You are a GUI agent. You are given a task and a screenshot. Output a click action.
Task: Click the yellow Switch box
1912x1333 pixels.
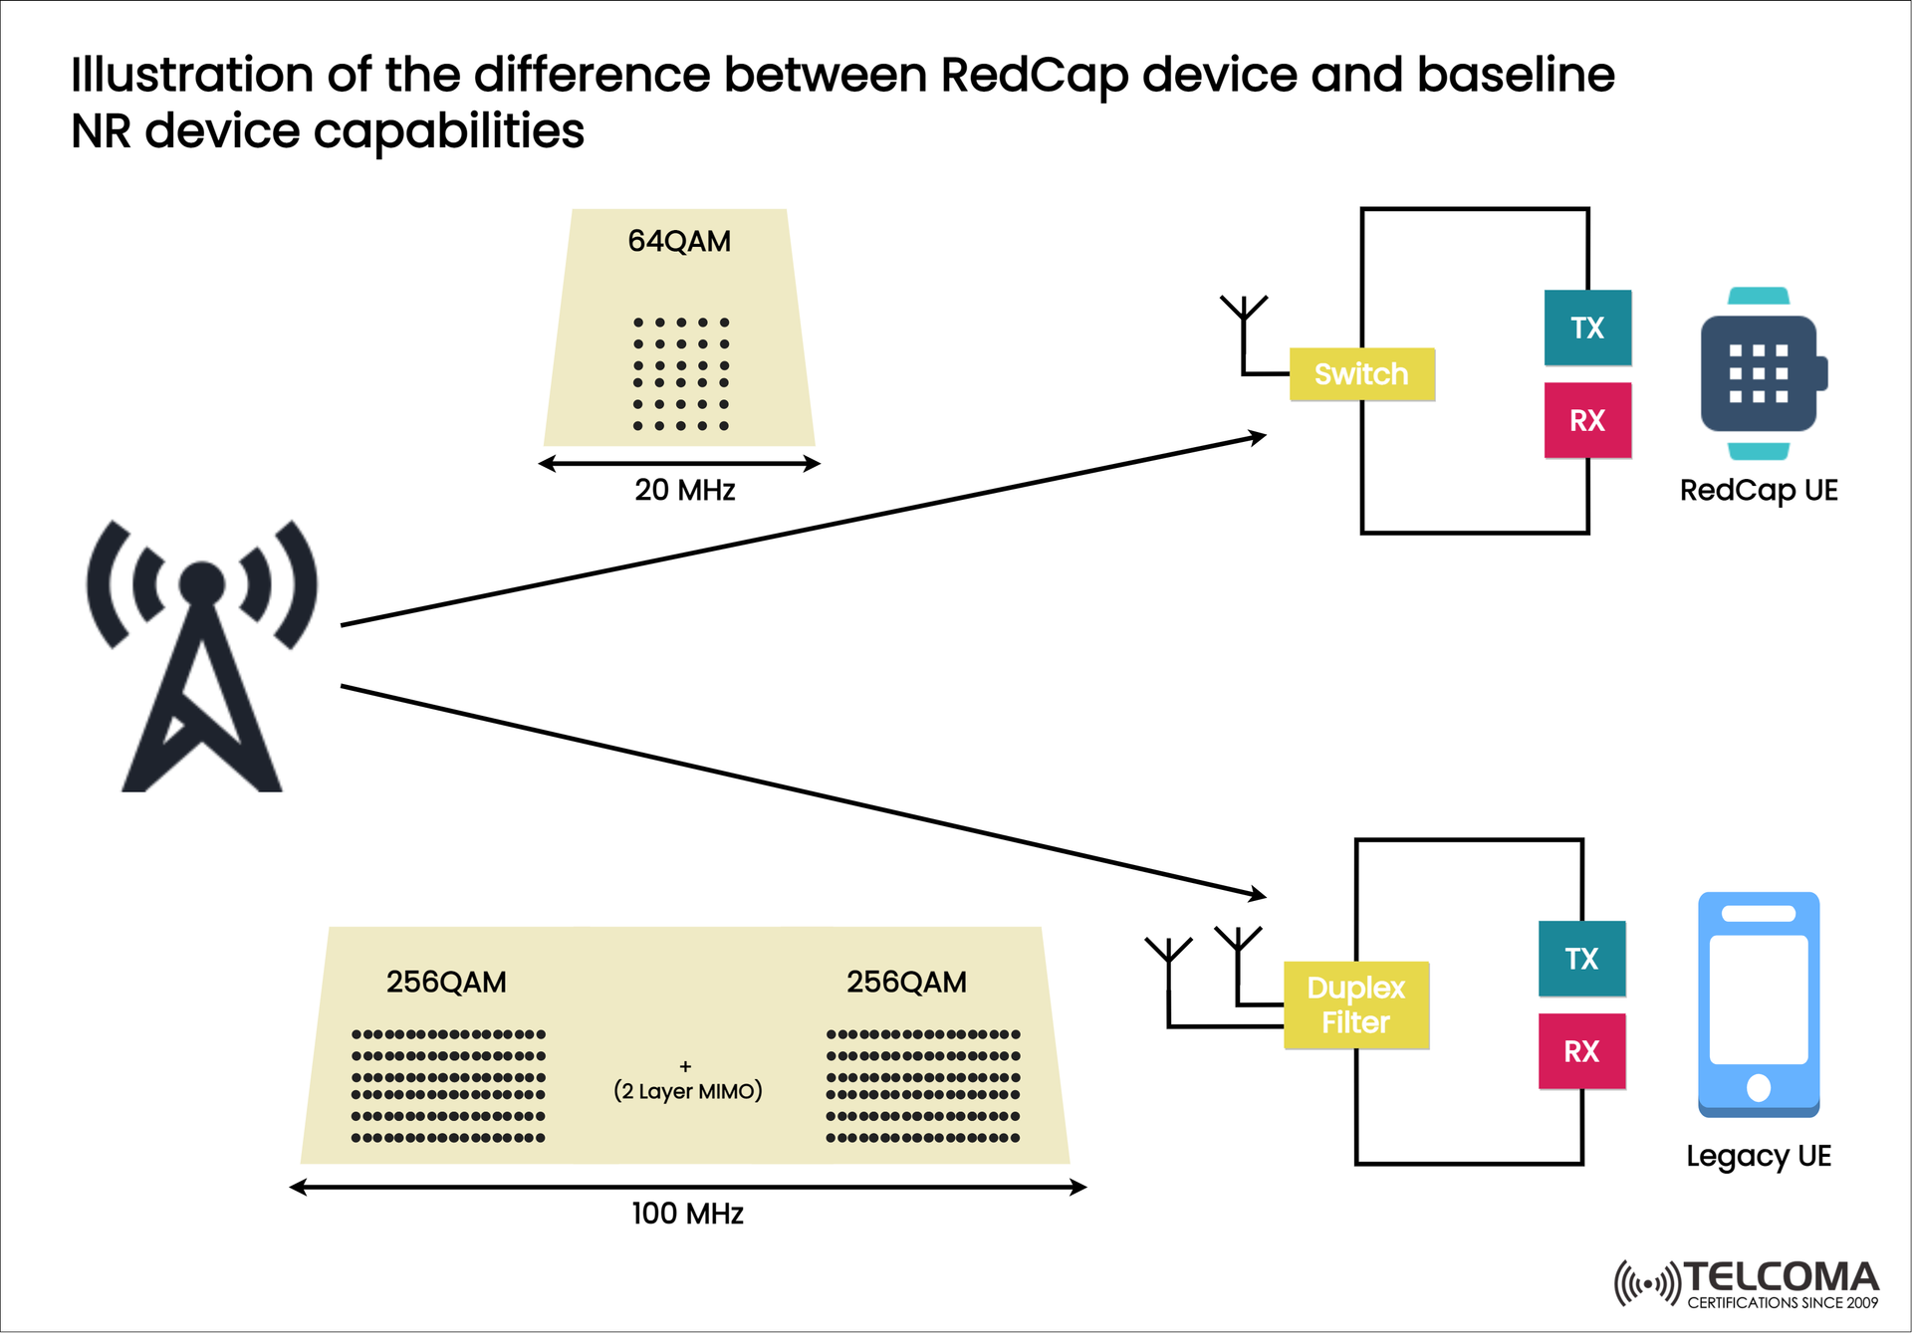click(1361, 374)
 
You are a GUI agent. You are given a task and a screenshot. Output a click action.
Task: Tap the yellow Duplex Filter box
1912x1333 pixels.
click(1355, 1004)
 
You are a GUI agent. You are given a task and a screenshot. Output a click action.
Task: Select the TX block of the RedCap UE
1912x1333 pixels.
click(1587, 328)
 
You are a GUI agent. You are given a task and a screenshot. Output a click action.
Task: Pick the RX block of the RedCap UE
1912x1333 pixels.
click(1587, 420)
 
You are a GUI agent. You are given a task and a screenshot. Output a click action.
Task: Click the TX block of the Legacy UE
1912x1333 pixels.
click(1581, 959)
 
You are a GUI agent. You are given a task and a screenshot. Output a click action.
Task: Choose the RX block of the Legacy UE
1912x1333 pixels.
click(1581, 1051)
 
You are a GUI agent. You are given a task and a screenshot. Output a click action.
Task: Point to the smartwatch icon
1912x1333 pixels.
click(1760, 373)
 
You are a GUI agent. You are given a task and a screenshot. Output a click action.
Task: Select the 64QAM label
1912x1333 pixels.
click(679, 241)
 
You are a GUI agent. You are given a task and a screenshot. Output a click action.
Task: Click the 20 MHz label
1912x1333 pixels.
click(685, 490)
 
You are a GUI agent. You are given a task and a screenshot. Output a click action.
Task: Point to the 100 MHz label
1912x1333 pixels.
click(687, 1214)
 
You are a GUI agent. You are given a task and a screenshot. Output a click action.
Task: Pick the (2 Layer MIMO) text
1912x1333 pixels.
click(687, 1091)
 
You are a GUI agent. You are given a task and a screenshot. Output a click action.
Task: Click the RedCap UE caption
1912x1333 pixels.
click(1759, 490)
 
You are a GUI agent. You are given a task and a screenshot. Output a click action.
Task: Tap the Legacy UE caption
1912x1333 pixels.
click(1759, 1156)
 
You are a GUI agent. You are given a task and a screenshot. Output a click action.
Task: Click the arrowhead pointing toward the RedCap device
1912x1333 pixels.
click(1259, 436)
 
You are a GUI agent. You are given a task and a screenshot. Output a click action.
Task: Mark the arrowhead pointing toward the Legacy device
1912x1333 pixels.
click(1258, 894)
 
